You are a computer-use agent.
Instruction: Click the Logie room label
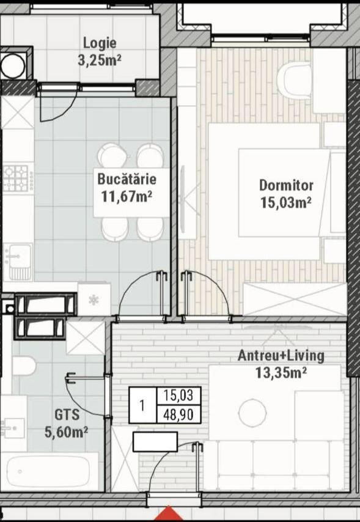pos(100,43)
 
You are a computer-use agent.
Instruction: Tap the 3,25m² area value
pos(99,61)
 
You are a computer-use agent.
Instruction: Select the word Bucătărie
pos(127,179)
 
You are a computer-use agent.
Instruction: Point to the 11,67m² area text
pos(127,196)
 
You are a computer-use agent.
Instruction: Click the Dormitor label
pos(286,185)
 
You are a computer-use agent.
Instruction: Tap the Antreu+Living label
pos(281,356)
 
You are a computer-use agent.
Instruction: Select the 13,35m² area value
pos(281,373)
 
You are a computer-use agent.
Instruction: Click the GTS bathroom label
pos(67,415)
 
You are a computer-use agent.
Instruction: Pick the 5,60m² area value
pos(66,432)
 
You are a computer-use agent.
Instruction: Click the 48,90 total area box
pos(178,414)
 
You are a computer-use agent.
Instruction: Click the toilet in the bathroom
pos(24,366)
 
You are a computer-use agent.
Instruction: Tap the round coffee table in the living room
pos(252,413)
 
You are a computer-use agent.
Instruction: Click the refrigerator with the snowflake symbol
pos(94,300)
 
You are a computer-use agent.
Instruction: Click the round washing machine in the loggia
pos(13,65)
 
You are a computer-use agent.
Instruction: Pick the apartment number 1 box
pos(142,405)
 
